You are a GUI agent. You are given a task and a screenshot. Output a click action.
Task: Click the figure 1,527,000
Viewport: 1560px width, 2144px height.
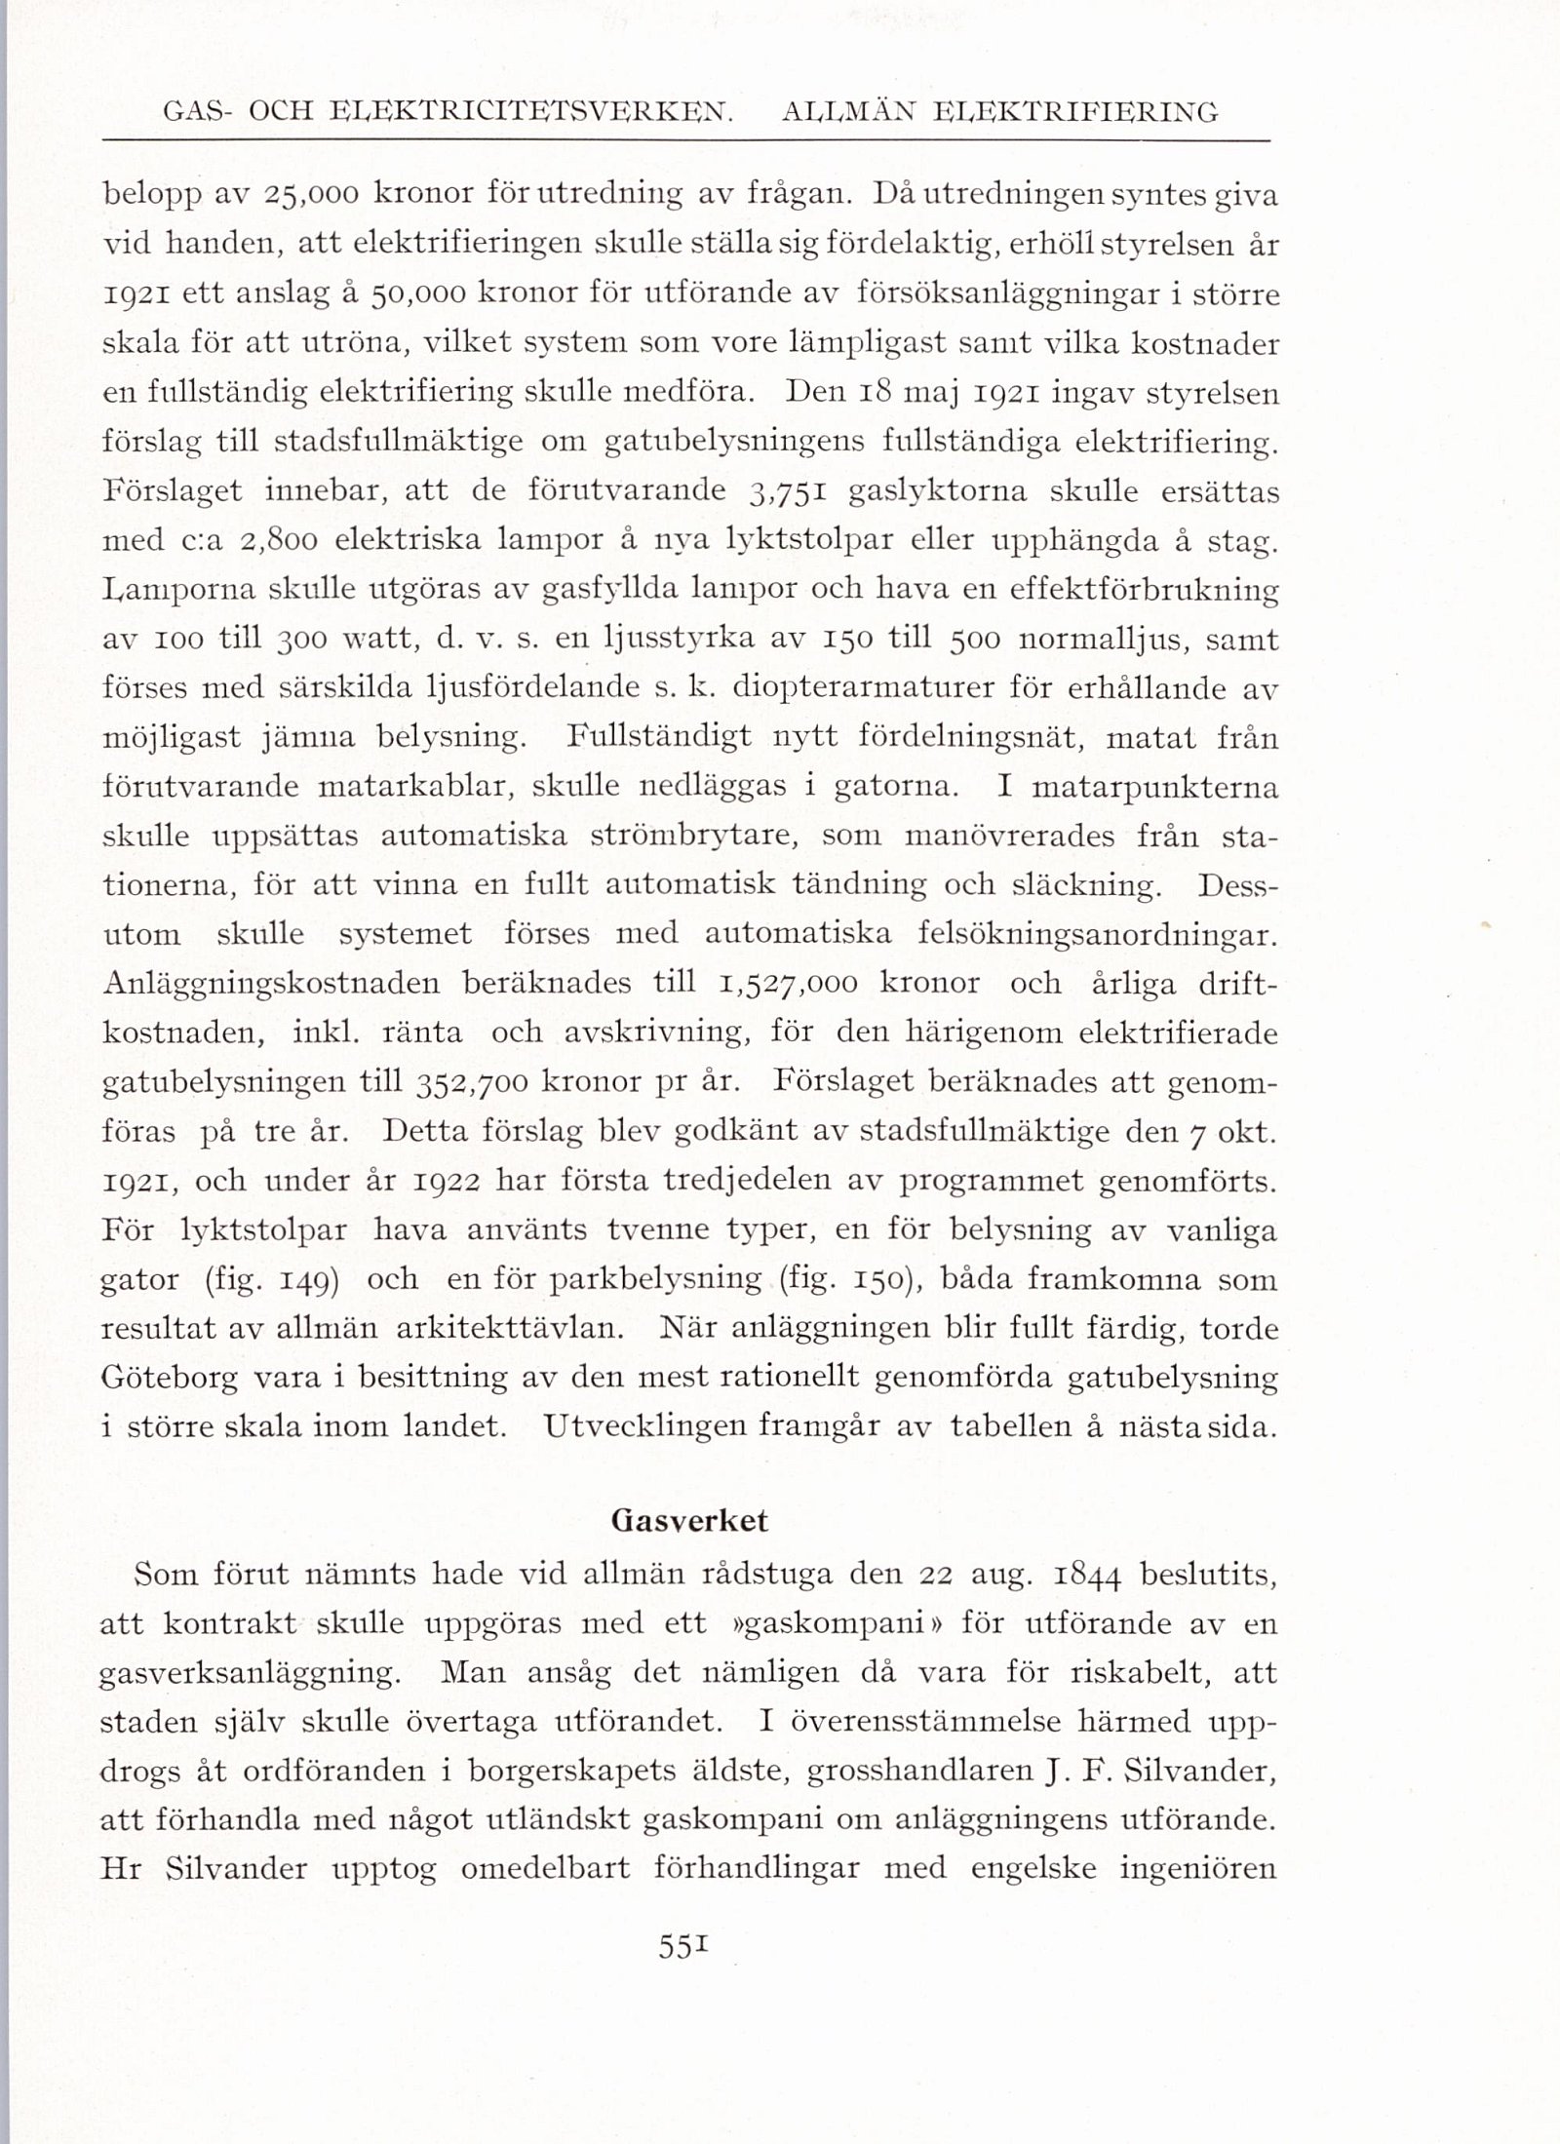pyautogui.click(x=786, y=983)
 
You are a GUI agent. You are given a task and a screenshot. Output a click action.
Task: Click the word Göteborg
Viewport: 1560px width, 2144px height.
pyautogui.click(x=169, y=1378)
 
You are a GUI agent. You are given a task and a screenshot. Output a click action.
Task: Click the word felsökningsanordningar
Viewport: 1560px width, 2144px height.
pyautogui.click(x=1097, y=934)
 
